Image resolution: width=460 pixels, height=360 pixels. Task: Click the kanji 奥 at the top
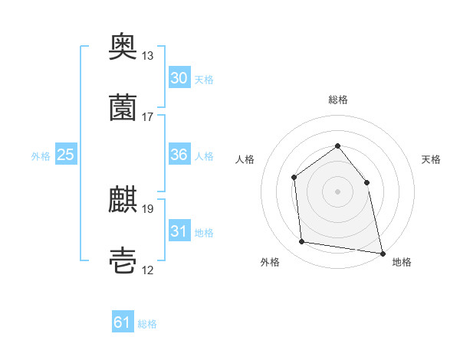tap(123, 46)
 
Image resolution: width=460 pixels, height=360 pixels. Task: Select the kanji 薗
tap(123, 107)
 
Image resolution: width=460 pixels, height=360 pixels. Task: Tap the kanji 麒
tap(123, 199)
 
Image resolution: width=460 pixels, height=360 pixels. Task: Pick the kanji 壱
tap(123, 260)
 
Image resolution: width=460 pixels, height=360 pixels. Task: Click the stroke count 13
tap(147, 55)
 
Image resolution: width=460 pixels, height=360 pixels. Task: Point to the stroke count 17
tap(147, 117)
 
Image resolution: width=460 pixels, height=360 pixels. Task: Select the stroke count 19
tap(147, 209)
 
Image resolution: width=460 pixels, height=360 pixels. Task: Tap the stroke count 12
tap(147, 270)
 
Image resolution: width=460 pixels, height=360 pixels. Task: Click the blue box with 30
tap(179, 77)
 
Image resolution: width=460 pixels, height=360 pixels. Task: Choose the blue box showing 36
tap(179, 154)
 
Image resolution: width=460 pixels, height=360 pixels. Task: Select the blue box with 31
tap(179, 230)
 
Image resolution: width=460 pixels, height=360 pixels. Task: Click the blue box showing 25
tap(66, 154)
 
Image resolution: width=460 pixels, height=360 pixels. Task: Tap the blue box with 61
tap(123, 321)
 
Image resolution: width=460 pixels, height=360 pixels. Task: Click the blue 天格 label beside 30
tap(204, 80)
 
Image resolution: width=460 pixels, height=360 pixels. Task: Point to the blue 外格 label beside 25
tap(41, 156)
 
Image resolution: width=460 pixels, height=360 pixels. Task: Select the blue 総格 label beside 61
tap(147, 324)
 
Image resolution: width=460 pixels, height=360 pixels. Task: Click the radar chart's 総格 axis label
tap(338, 100)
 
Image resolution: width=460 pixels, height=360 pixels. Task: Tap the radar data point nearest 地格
tap(383, 254)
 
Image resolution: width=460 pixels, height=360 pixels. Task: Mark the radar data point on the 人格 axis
tap(294, 178)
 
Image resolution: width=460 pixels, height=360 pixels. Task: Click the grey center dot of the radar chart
tap(337, 191)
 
